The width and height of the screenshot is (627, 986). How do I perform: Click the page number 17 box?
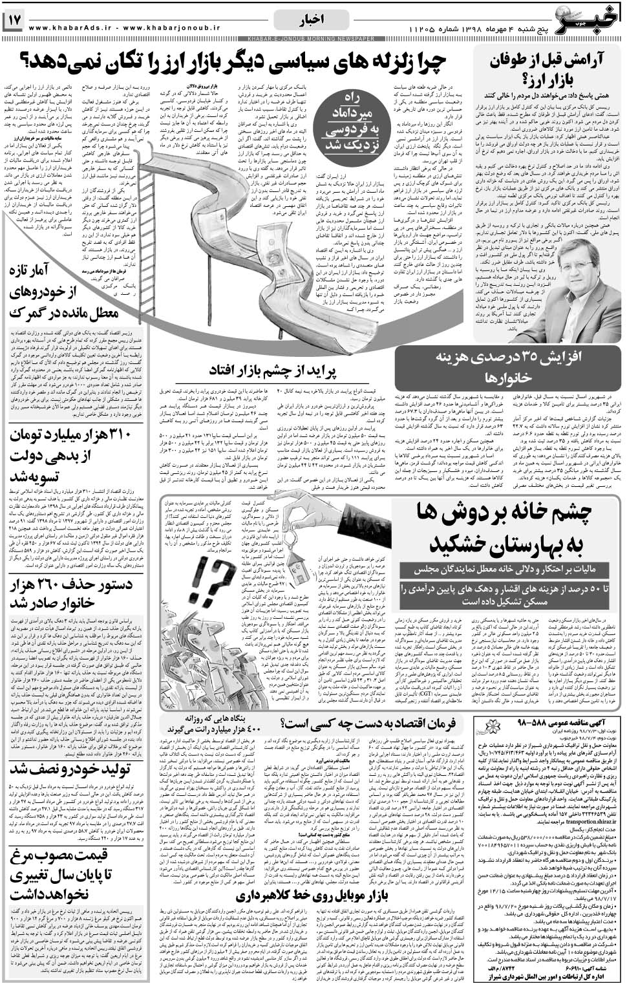14,21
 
